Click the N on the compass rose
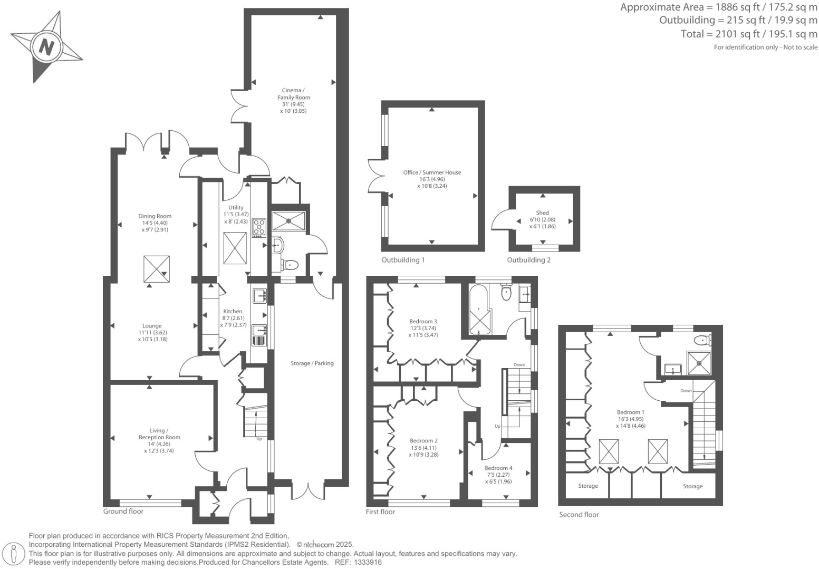pos(47,47)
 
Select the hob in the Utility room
pos(259,227)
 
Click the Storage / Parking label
pos(312,363)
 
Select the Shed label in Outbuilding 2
pos(542,213)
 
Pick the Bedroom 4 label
pos(498,468)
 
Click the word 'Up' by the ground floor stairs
pos(259,439)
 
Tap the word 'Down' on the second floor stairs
pos(686,391)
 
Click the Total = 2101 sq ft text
pos(749,34)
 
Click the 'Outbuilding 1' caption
pos(403,260)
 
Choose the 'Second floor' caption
pos(579,515)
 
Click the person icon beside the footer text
pos(14,554)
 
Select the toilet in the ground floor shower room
pos(290,264)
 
